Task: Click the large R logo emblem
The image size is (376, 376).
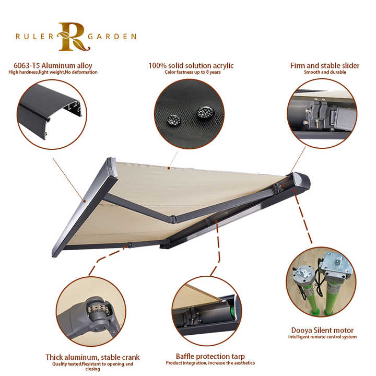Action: click(73, 37)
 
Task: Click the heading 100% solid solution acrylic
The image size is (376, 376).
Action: click(191, 66)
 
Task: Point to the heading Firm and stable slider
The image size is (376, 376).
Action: click(325, 66)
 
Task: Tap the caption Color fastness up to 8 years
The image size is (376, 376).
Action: click(191, 72)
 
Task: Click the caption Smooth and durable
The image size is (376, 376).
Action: click(325, 72)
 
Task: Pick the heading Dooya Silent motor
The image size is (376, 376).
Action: click(322, 331)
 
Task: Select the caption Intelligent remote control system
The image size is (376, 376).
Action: click(322, 337)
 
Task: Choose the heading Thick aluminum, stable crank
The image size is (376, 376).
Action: click(92, 358)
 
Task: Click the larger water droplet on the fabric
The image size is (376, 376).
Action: click(204, 112)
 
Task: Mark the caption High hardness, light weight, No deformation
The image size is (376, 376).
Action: click(53, 72)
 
